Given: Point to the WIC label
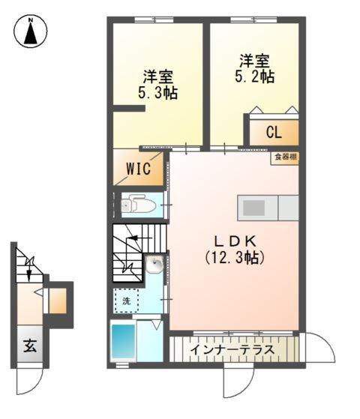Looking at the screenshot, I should (138, 169).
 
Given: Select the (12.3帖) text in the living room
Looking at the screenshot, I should (235, 257).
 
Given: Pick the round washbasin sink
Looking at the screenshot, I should (154, 264).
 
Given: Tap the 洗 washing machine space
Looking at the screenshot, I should (126, 301).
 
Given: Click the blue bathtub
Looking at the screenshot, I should (123, 342).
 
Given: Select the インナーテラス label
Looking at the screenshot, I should (233, 350).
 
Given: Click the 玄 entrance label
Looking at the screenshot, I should (29, 347).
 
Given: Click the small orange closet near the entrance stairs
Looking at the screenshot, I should (58, 301).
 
